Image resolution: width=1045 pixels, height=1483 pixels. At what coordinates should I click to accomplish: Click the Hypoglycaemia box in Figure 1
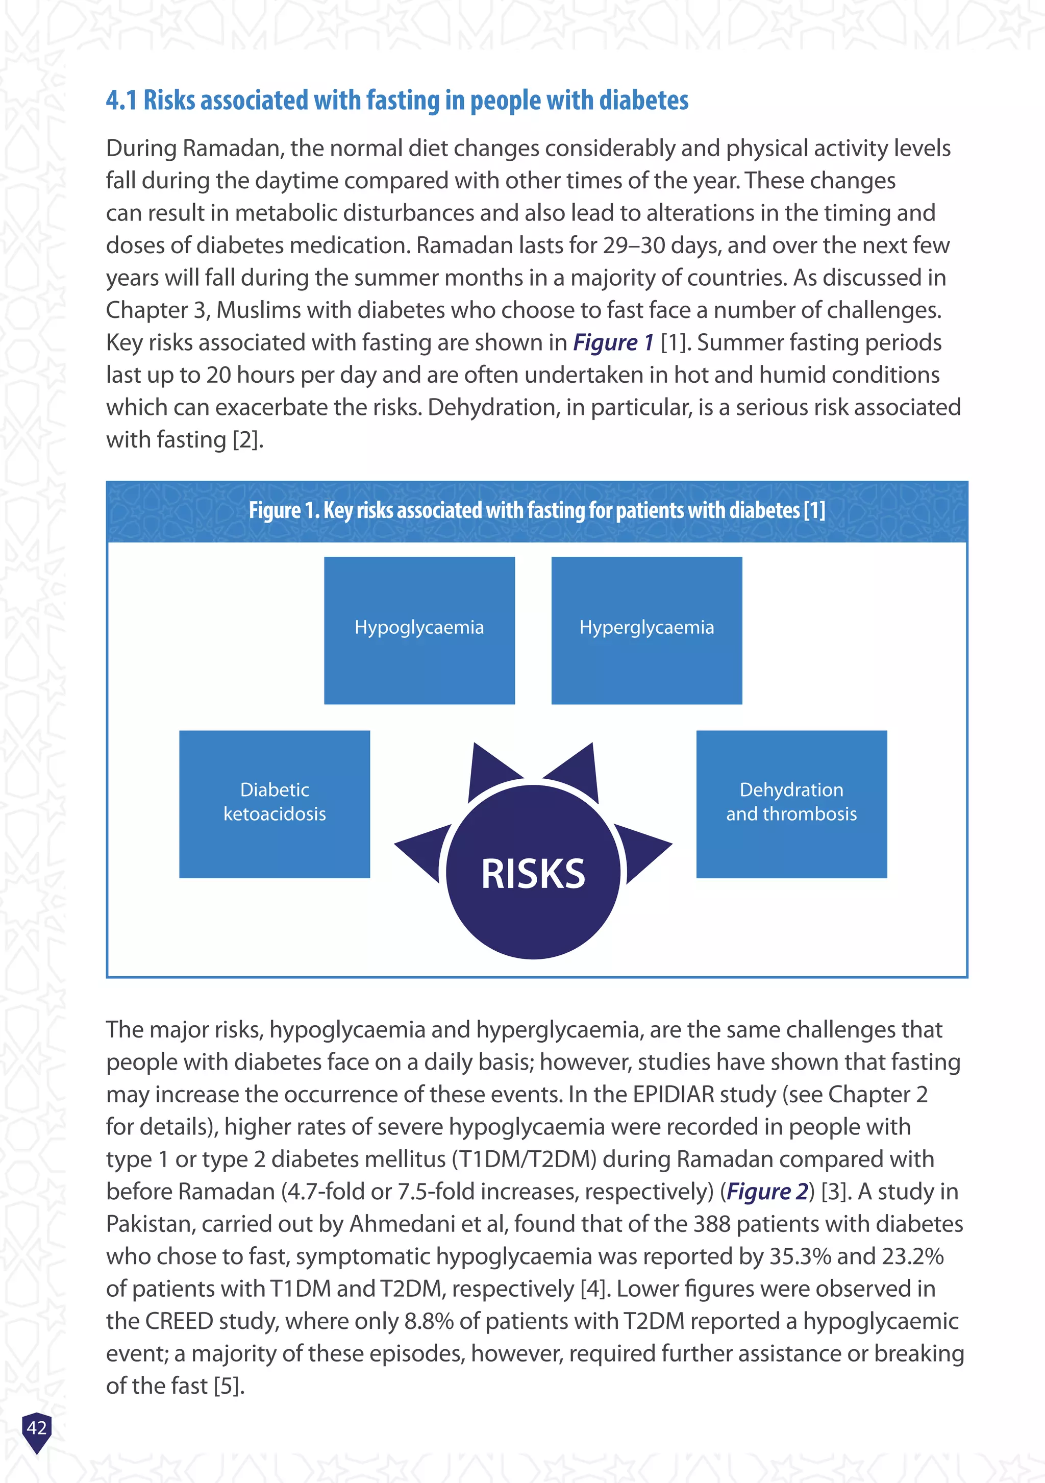419,630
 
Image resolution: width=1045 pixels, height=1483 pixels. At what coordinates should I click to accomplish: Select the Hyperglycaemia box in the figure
646,630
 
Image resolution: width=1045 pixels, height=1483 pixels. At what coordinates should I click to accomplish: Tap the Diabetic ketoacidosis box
275,804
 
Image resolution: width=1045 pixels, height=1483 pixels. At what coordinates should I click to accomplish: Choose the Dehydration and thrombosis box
791,804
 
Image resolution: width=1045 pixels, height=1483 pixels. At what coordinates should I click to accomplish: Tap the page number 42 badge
37,1427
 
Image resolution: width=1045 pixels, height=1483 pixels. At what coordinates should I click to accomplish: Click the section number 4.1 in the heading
121,101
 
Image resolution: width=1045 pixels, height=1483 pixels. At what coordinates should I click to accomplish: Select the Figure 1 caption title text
537,511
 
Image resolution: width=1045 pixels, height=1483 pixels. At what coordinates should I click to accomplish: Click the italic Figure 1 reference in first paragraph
613,343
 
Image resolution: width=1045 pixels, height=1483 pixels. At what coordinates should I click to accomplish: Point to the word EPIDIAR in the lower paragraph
673,1095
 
